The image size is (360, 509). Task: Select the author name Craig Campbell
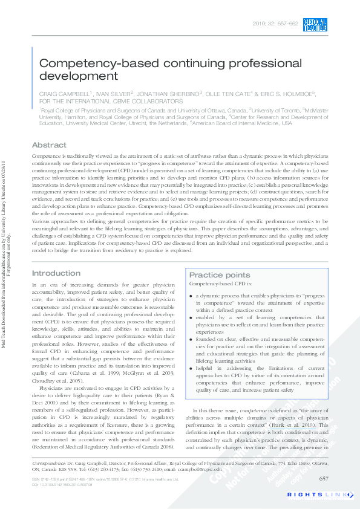[x=65, y=95]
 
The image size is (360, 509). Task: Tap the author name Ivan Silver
[x=115, y=95]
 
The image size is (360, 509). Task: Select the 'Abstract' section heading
[x=49, y=145]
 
